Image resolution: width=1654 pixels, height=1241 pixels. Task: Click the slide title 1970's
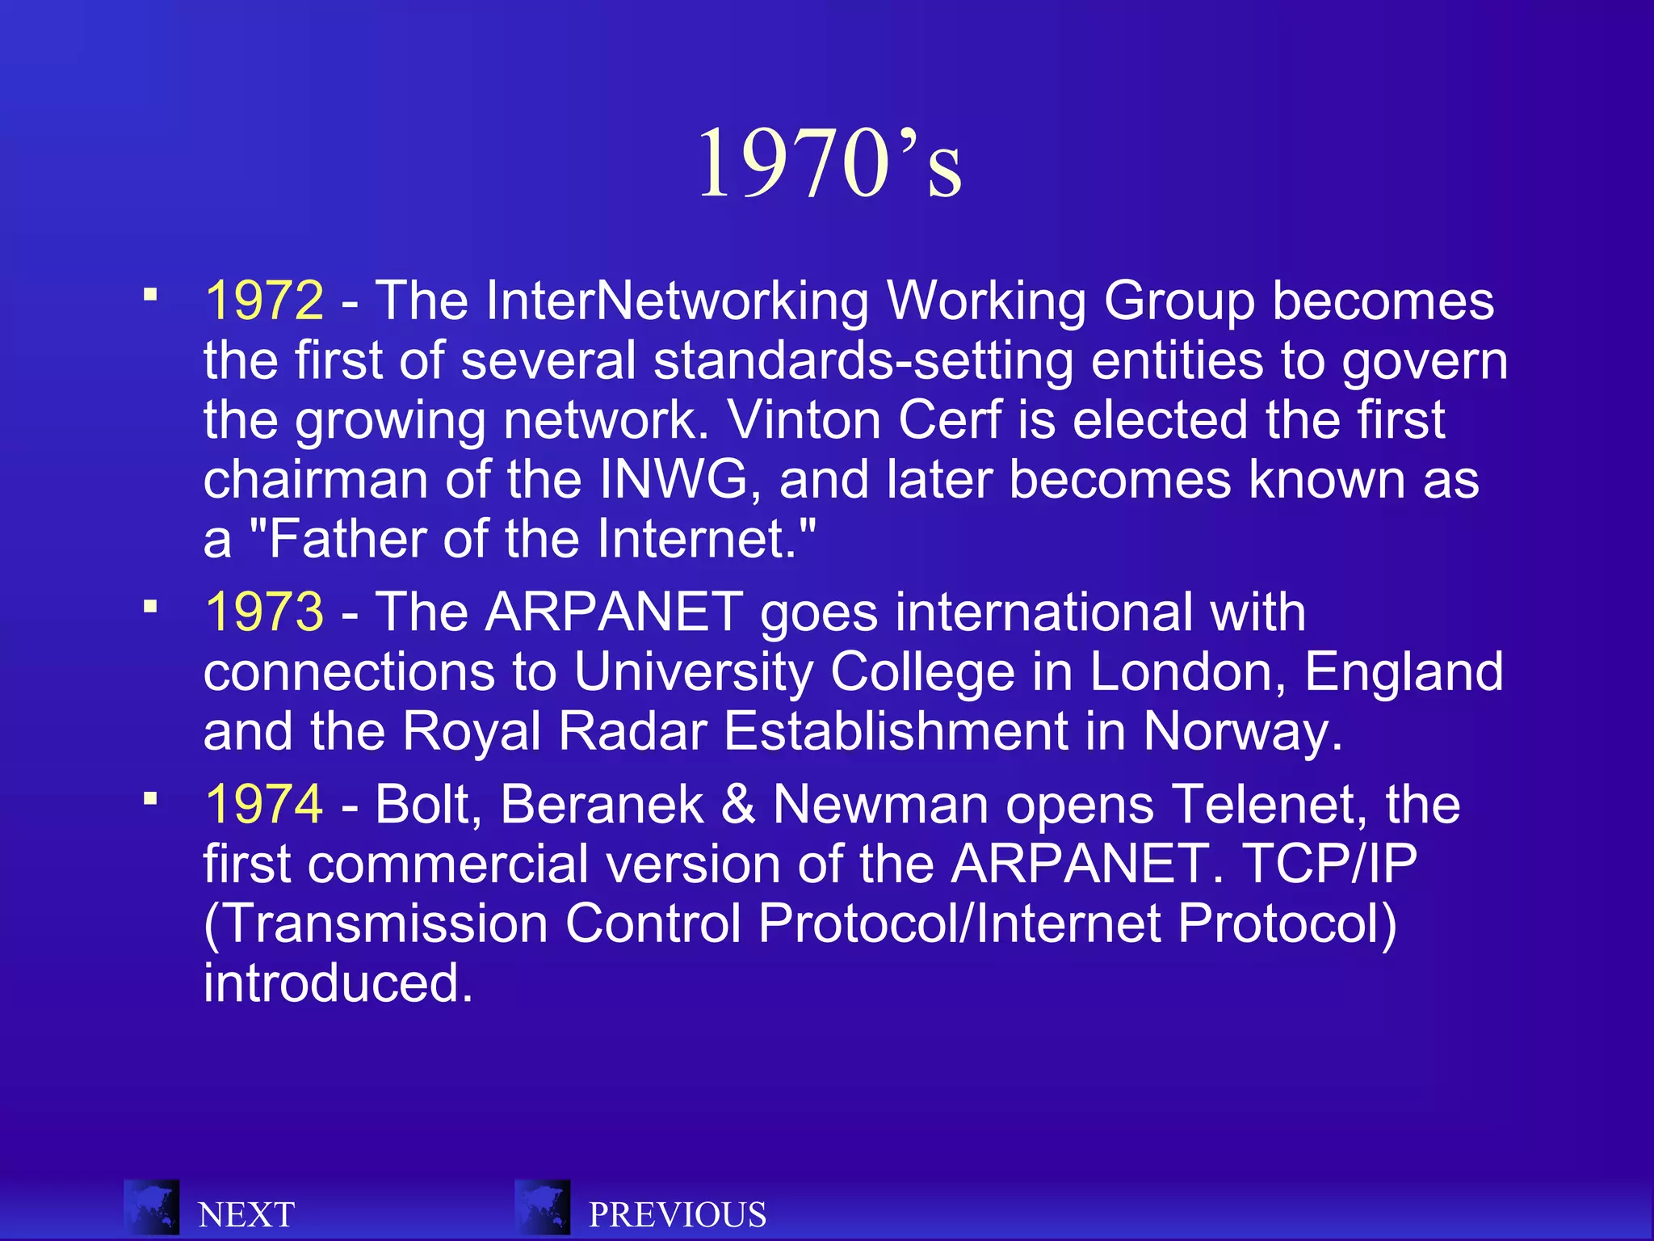(829, 163)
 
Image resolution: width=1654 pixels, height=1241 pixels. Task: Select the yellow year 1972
(264, 301)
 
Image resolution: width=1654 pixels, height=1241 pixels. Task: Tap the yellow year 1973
(264, 612)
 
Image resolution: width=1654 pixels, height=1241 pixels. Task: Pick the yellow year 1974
(264, 805)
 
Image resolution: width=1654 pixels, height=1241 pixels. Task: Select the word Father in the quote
(348, 539)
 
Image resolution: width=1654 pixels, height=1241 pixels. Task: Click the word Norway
(1243, 732)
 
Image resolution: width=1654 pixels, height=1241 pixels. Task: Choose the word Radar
(632, 732)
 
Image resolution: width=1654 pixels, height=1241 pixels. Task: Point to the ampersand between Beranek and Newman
(738, 805)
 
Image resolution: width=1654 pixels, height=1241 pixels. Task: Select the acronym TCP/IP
(1329, 864)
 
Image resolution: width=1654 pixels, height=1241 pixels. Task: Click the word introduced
(337, 983)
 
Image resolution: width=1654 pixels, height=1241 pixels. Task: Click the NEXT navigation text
(246, 1215)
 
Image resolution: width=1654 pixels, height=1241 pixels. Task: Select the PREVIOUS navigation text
(678, 1215)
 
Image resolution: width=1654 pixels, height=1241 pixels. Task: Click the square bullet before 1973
(150, 606)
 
